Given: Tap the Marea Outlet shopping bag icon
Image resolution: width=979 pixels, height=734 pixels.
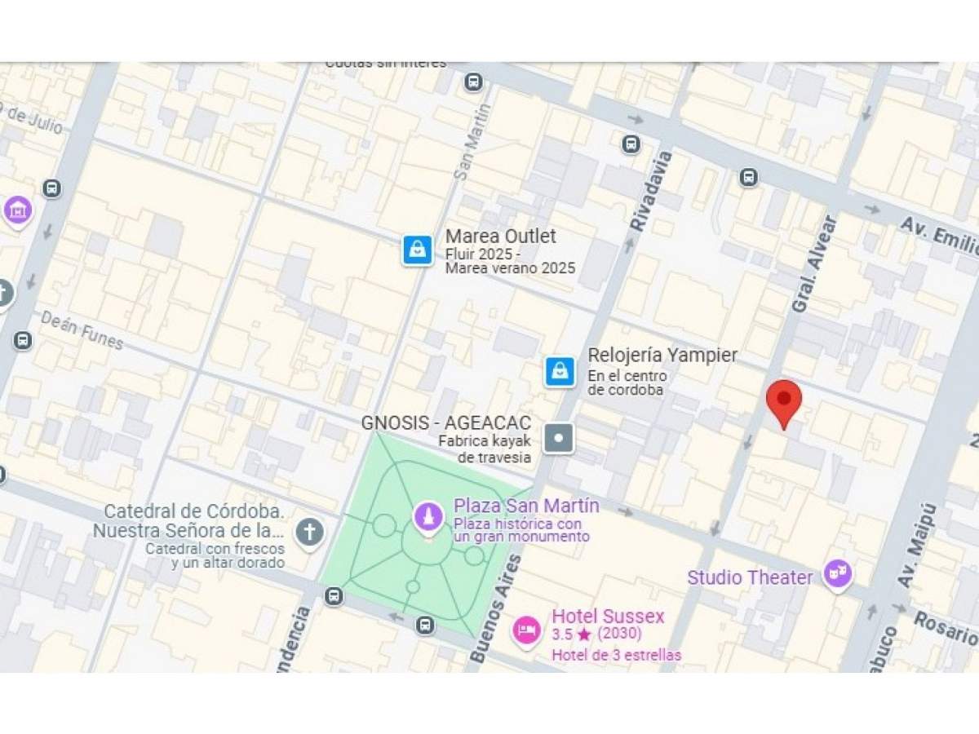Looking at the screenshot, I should point(417,250).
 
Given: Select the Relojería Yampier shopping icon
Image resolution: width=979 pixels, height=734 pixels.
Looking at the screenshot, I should point(560,371).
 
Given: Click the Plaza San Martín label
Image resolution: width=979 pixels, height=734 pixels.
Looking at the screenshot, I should point(526,506).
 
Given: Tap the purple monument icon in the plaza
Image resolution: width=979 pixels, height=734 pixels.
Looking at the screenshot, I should point(427,516).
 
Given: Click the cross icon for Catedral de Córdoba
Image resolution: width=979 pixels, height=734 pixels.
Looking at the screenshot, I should point(309,533).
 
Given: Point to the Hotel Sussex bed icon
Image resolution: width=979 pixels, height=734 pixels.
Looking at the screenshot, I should point(527,630).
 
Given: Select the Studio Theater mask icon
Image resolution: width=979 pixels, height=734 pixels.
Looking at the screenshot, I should point(838,574).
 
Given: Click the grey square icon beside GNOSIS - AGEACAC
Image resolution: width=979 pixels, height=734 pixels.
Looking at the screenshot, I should point(559,438).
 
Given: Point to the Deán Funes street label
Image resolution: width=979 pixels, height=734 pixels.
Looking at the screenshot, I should point(82,329).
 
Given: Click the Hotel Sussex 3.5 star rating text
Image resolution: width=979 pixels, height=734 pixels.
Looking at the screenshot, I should point(596,634).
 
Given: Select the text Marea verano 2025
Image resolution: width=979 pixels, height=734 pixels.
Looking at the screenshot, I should point(510,268).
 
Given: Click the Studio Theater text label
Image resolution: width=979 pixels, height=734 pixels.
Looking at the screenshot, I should point(750,577).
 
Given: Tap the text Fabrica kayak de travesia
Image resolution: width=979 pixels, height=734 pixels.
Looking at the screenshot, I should point(485,449).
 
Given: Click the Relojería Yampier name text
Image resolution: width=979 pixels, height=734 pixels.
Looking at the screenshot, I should point(662,356).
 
